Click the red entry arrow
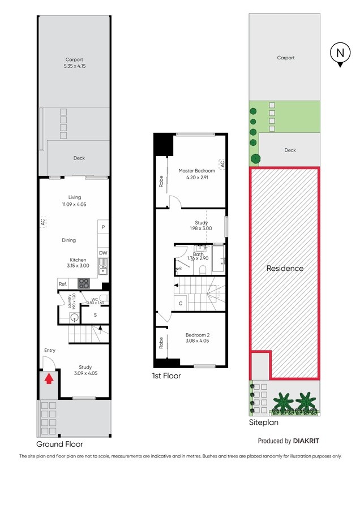click(49, 379)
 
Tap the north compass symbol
click(340, 54)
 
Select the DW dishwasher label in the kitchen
click(103, 253)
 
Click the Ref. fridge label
click(63, 284)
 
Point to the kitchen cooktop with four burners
click(83, 283)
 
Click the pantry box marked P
click(103, 227)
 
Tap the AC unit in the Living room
click(43, 222)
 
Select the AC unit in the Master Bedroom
click(222, 164)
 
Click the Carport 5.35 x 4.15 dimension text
click(74, 66)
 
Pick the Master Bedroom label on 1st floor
click(197, 171)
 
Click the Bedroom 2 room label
click(198, 335)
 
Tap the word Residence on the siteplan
click(285, 269)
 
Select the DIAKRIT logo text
click(306, 441)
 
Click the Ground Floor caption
click(59, 444)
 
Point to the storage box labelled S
click(95, 315)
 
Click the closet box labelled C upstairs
click(181, 304)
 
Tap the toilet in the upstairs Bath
click(203, 269)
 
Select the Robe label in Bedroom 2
click(161, 343)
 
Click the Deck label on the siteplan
click(290, 150)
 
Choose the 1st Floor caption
click(166, 376)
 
